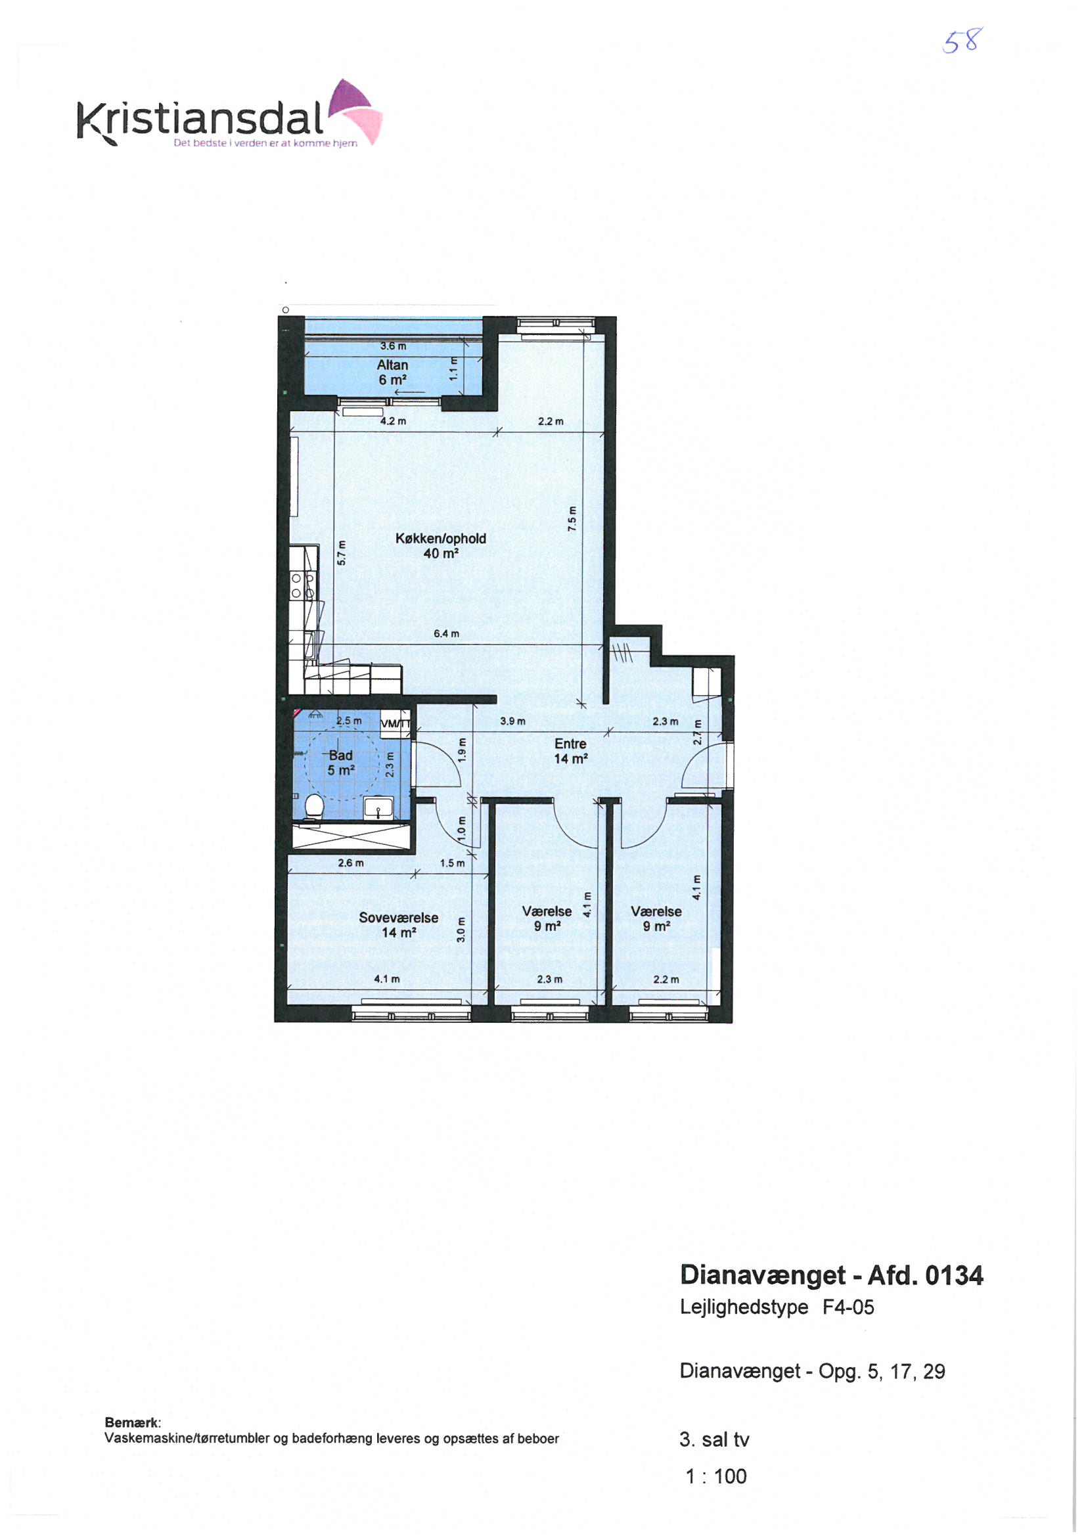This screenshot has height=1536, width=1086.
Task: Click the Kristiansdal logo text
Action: tap(201, 118)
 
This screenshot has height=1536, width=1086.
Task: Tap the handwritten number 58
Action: tap(961, 41)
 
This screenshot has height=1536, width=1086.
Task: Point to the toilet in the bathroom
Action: tap(313, 807)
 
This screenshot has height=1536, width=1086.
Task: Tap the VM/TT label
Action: tap(395, 723)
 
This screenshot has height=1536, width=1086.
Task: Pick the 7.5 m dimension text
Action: tap(572, 518)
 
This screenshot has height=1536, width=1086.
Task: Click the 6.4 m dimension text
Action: tap(446, 633)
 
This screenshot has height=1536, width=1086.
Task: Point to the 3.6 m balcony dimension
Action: tap(393, 346)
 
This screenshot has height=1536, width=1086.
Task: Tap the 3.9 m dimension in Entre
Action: tap(512, 721)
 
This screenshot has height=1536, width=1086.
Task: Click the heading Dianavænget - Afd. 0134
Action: tap(832, 1275)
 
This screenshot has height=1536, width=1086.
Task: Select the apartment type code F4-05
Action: tap(848, 1307)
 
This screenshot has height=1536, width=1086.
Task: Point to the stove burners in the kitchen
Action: tap(302, 585)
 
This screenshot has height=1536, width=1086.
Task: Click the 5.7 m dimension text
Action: tap(341, 553)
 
